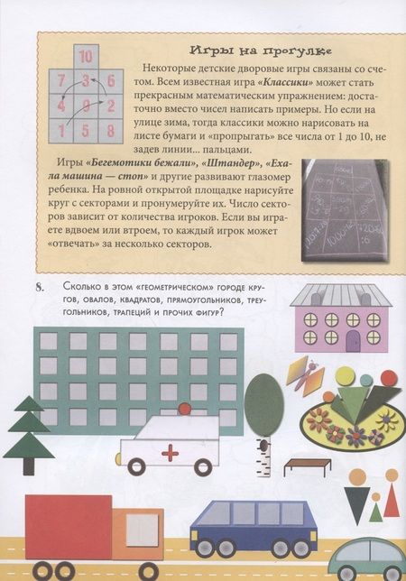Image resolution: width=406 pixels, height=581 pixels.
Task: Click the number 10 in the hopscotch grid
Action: tap(86, 57)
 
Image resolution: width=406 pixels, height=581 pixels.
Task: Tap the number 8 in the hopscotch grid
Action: tap(109, 130)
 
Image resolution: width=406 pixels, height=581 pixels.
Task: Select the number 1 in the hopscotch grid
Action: tap(62, 130)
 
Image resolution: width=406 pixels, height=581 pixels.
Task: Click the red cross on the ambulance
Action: tap(167, 451)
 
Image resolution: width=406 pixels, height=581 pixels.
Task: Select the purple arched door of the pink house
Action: tap(353, 341)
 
